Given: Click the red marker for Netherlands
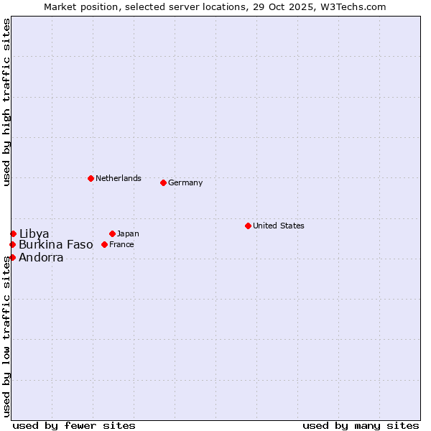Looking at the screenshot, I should click(91, 178).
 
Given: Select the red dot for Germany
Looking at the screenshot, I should click(163, 182).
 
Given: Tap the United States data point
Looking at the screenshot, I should click(248, 226).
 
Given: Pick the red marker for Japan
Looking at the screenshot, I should click(112, 233).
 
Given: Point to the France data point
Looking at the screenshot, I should click(104, 244).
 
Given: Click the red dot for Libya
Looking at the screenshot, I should click(13, 233).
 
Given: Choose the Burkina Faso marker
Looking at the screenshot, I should click(12, 244).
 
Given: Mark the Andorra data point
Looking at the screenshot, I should click(12, 257).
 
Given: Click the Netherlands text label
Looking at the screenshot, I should click(119, 178).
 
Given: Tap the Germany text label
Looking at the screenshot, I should click(185, 182).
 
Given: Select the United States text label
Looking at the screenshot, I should click(279, 226).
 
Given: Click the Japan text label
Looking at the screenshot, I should click(128, 233).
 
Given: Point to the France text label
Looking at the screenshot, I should click(121, 244).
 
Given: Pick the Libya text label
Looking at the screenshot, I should click(34, 233).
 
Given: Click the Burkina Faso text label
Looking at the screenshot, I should click(56, 244).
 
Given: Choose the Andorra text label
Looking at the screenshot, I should click(41, 257).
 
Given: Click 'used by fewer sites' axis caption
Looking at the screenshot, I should click(74, 425).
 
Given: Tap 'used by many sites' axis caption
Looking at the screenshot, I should click(361, 425).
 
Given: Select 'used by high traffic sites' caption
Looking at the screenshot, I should click(6, 102).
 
